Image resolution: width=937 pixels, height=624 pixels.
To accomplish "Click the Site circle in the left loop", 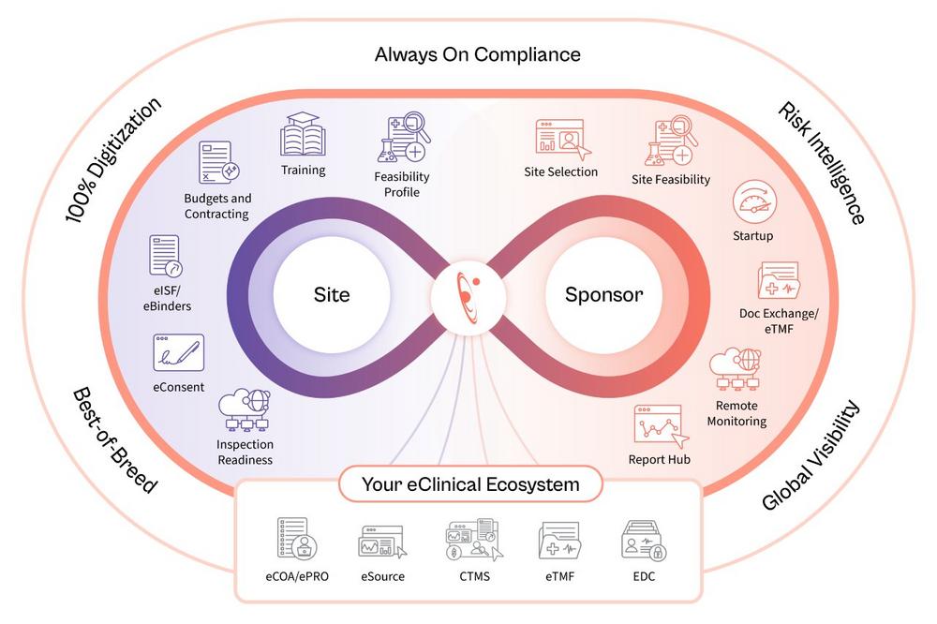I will [x=332, y=295].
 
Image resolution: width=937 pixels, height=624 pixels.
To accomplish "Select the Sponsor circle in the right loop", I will [x=603, y=295].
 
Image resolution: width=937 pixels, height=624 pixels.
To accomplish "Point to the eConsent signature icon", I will [x=178, y=353].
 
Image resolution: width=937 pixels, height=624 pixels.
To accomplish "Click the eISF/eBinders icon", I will [x=164, y=254].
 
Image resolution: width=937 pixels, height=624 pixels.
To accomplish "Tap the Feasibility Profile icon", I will [x=403, y=139].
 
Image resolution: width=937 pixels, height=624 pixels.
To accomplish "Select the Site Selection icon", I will [x=560, y=138].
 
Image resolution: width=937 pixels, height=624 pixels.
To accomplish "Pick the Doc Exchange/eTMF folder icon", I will [x=778, y=282].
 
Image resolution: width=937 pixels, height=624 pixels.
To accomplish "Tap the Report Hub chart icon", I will [x=659, y=424].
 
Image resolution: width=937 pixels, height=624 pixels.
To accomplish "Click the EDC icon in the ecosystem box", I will [x=643, y=542].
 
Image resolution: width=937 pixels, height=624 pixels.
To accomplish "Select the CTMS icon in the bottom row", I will [x=468, y=541].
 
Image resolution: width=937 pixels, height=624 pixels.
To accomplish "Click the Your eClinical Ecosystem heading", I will [x=470, y=484].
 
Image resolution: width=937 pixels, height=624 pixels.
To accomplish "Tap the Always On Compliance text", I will [x=478, y=53].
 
